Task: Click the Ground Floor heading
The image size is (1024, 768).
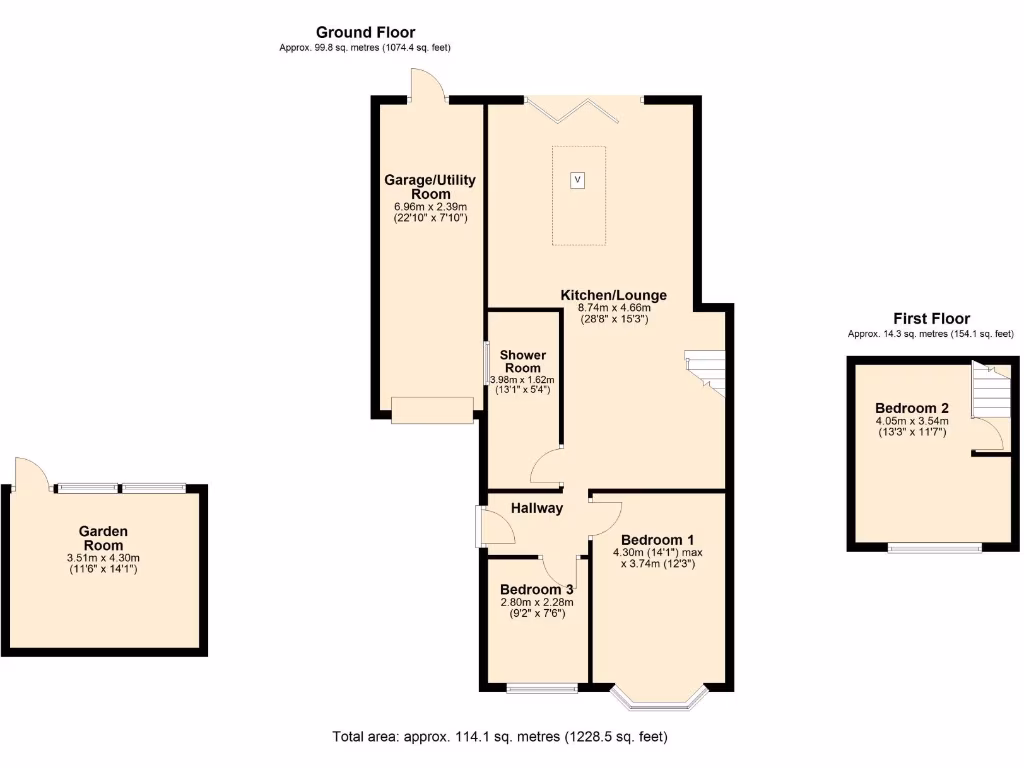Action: (365, 33)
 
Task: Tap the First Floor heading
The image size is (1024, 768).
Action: (930, 319)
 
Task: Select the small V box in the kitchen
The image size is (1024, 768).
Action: (577, 180)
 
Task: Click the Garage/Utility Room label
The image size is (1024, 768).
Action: (430, 187)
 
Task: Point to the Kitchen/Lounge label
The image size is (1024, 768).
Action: (613, 296)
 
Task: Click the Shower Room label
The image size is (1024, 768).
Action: (522, 361)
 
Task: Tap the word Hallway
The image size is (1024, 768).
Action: (537, 508)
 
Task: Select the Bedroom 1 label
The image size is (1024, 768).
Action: (657, 540)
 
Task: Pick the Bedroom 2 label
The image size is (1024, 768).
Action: (911, 408)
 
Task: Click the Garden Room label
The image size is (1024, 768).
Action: (103, 538)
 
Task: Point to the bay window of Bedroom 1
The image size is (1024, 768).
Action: (659, 698)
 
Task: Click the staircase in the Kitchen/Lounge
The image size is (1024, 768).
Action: (704, 370)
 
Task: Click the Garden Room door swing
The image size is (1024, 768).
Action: (30, 472)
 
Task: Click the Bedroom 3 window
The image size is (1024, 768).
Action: (541, 688)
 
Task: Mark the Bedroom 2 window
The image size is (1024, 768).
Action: (936, 548)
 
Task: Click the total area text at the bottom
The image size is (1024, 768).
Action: (500, 737)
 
